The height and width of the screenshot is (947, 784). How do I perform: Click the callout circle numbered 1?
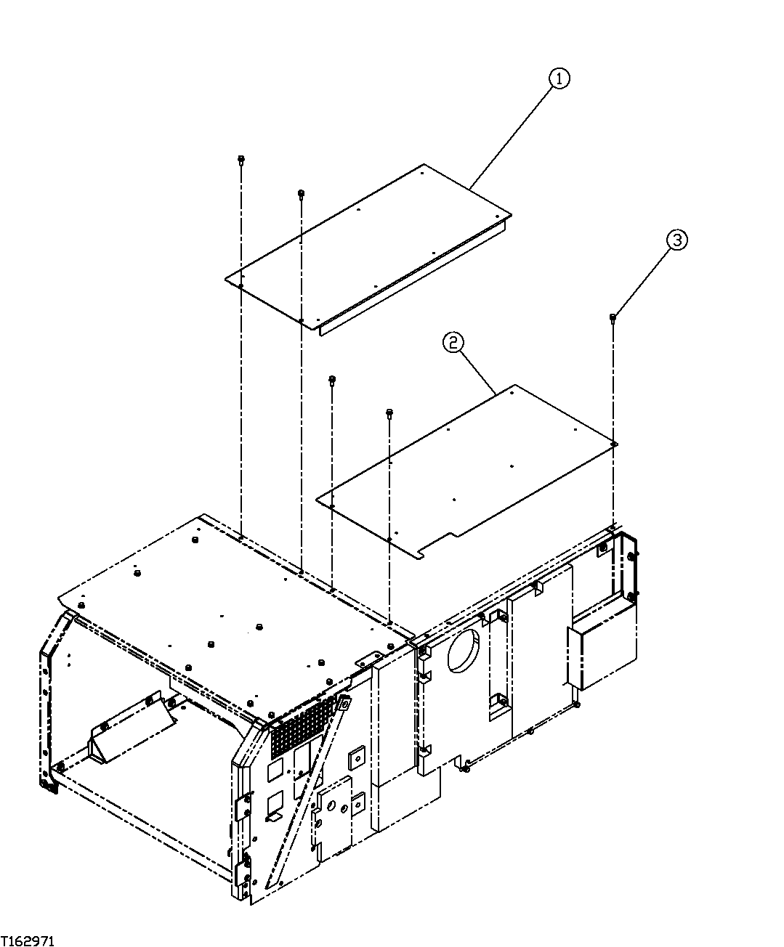click(558, 78)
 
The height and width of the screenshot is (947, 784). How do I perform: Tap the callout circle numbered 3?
click(676, 240)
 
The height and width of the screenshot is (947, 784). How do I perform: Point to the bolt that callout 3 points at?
click(613, 317)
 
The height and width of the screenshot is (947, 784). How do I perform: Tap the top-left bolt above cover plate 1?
click(241, 159)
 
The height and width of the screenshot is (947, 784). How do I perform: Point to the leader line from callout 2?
click(476, 369)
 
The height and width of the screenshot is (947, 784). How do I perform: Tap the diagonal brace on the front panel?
click(305, 792)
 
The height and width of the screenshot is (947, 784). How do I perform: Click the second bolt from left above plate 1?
click(301, 194)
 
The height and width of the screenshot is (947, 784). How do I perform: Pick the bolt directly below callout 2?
click(390, 413)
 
